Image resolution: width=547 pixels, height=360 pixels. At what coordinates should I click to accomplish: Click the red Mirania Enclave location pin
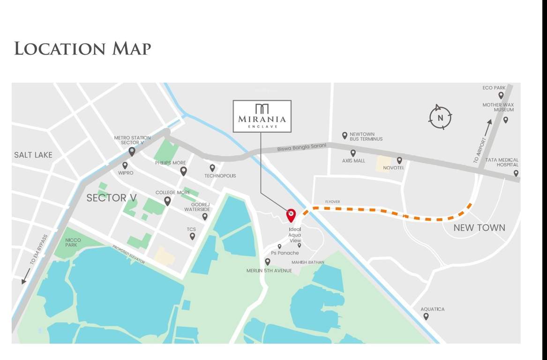coord(291,215)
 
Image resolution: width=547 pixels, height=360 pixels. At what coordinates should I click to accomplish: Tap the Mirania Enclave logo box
coord(262,116)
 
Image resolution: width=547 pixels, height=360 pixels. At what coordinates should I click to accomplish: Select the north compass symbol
coord(440,117)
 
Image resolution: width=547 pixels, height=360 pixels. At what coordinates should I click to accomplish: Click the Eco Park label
coord(494,88)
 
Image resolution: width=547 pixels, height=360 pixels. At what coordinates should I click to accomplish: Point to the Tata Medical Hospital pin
coord(516,173)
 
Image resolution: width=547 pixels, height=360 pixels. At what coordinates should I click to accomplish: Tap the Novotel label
coord(393,168)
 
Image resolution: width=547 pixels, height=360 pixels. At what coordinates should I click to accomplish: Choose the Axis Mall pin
coord(353,153)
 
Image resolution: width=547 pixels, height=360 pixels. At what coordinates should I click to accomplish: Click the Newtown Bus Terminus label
coord(366,136)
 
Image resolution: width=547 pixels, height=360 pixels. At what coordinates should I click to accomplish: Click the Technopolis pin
coord(212,167)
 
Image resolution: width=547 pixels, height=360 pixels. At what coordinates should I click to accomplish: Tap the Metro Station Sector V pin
coord(132,151)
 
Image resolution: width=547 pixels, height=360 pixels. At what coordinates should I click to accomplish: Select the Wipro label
coord(126,173)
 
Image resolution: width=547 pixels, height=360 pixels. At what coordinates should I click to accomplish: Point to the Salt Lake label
coord(33,155)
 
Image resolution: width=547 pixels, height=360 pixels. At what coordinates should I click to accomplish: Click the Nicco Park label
coord(73,242)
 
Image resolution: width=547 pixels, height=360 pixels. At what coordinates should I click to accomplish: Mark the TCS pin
coord(192,236)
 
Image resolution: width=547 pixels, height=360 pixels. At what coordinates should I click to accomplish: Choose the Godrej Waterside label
coord(197,207)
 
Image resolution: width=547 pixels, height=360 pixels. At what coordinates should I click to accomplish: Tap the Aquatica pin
coord(426,316)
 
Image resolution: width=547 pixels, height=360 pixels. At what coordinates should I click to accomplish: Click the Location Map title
coord(82,48)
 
